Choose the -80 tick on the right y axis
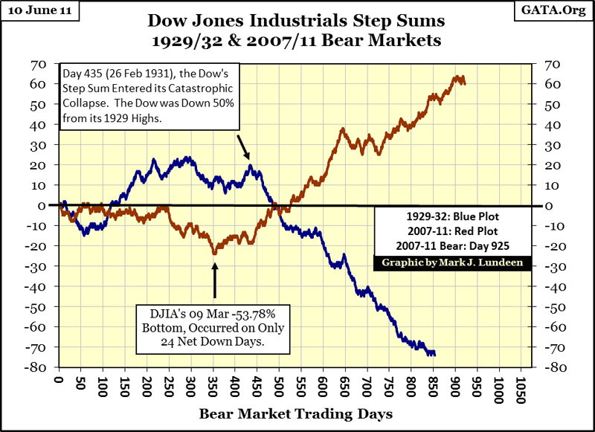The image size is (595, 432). pyautogui.click(x=556, y=367)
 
